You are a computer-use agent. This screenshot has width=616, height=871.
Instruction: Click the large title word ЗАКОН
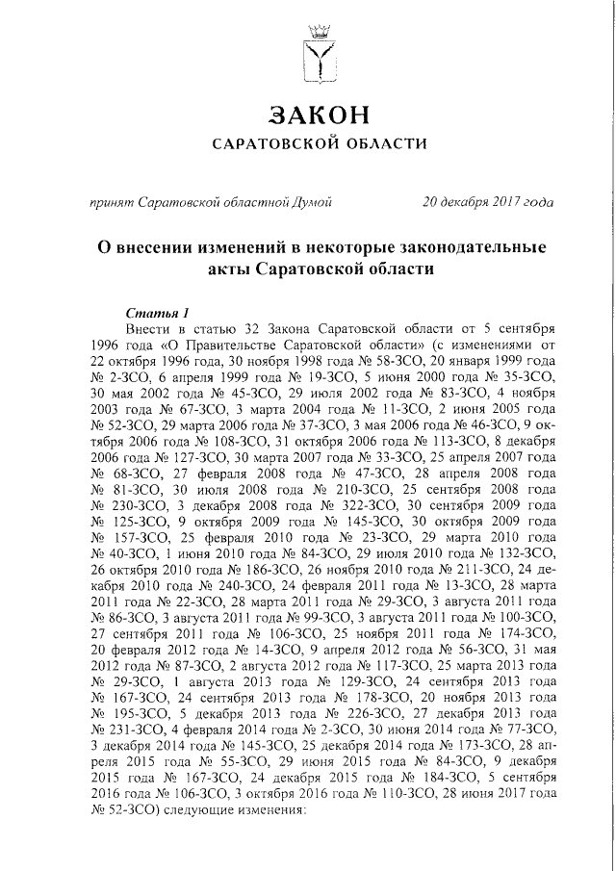tap(319, 115)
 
